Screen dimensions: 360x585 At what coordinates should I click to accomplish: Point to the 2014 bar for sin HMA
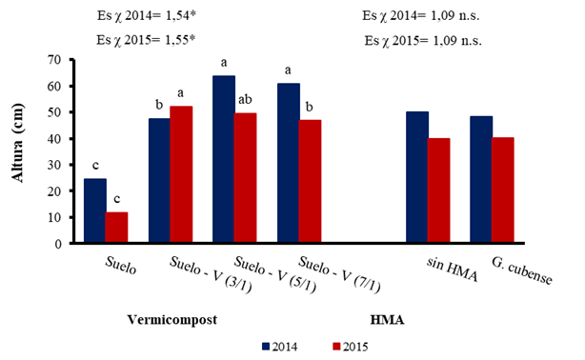point(416,177)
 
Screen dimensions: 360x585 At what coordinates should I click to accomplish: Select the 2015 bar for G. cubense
point(504,190)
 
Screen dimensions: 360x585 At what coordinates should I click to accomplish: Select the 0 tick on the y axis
point(65,244)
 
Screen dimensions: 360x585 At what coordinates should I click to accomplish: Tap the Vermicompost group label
point(169,318)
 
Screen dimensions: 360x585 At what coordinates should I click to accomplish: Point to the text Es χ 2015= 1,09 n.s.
point(422,41)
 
